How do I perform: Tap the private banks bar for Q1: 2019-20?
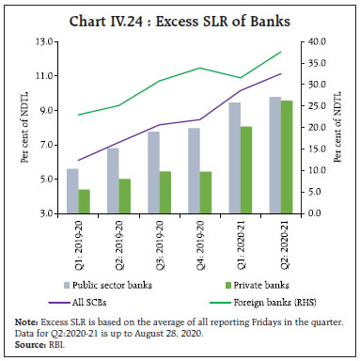click(x=84, y=201)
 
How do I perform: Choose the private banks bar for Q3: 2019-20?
click(x=164, y=192)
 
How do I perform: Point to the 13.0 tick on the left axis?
click(x=42, y=42)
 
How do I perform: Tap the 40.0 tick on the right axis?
click(x=315, y=42)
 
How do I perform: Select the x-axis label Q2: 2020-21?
click(x=279, y=242)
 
